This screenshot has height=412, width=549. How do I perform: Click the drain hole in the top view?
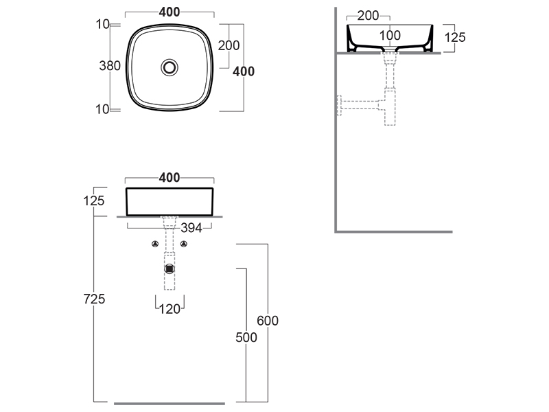pos(170,67)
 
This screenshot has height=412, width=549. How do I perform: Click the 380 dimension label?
pos(110,66)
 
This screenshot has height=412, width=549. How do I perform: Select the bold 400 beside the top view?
pos(244,71)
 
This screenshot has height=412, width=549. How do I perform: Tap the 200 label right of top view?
pos(229,46)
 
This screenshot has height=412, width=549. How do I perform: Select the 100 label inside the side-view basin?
pos(390,35)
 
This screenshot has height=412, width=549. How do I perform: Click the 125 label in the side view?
pos(454,37)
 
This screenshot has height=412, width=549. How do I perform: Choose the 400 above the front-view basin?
pos(170,178)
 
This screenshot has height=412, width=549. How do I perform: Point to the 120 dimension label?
pos(170,309)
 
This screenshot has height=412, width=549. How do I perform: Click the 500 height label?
pos(246,337)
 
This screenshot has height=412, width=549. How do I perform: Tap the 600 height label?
pos(268,321)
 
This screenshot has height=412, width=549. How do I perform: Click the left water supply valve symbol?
pos(155,244)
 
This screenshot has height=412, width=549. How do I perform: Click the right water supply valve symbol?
pos(184,244)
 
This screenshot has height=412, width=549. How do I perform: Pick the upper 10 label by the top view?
pos(103,25)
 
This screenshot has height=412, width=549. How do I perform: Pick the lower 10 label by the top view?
pos(103,108)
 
